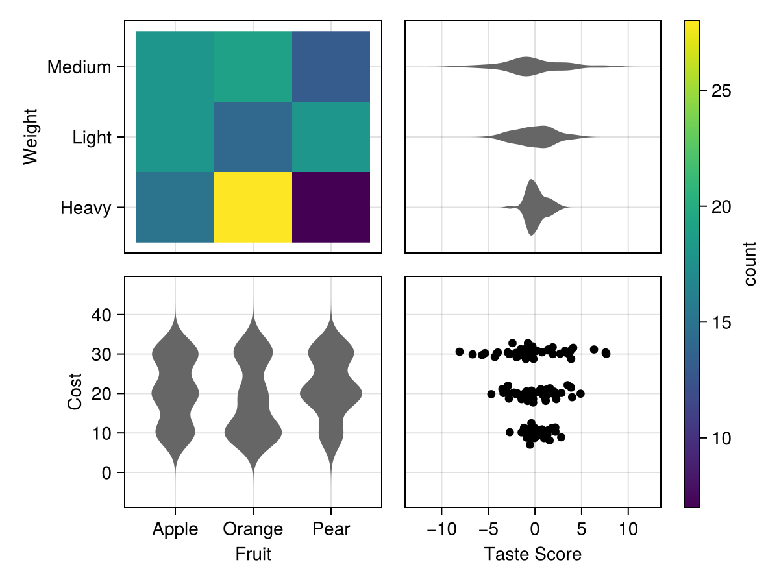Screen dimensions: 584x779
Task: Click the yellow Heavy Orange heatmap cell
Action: coord(253,207)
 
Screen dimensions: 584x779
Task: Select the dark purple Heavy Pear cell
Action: coord(331,207)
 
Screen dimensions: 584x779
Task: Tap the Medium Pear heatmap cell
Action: coord(331,66)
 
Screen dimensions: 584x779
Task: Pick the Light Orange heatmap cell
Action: coord(253,137)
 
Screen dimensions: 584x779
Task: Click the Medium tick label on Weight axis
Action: coord(79,67)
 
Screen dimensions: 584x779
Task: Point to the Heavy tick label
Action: coord(86,208)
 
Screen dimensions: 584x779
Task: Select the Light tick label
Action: coord(92,138)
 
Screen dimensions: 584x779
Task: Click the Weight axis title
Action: coord(31,137)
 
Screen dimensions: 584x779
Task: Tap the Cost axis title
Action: coord(75,391)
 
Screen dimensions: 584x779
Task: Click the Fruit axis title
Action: coord(253,554)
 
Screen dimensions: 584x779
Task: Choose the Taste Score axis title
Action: coord(532,554)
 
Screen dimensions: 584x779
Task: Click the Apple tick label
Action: coord(175,529)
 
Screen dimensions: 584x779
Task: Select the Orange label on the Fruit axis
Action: coord(253,529)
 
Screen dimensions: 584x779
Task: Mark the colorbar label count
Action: coord(750,263)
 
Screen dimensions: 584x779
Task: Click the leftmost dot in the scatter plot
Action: coord(460,352)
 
